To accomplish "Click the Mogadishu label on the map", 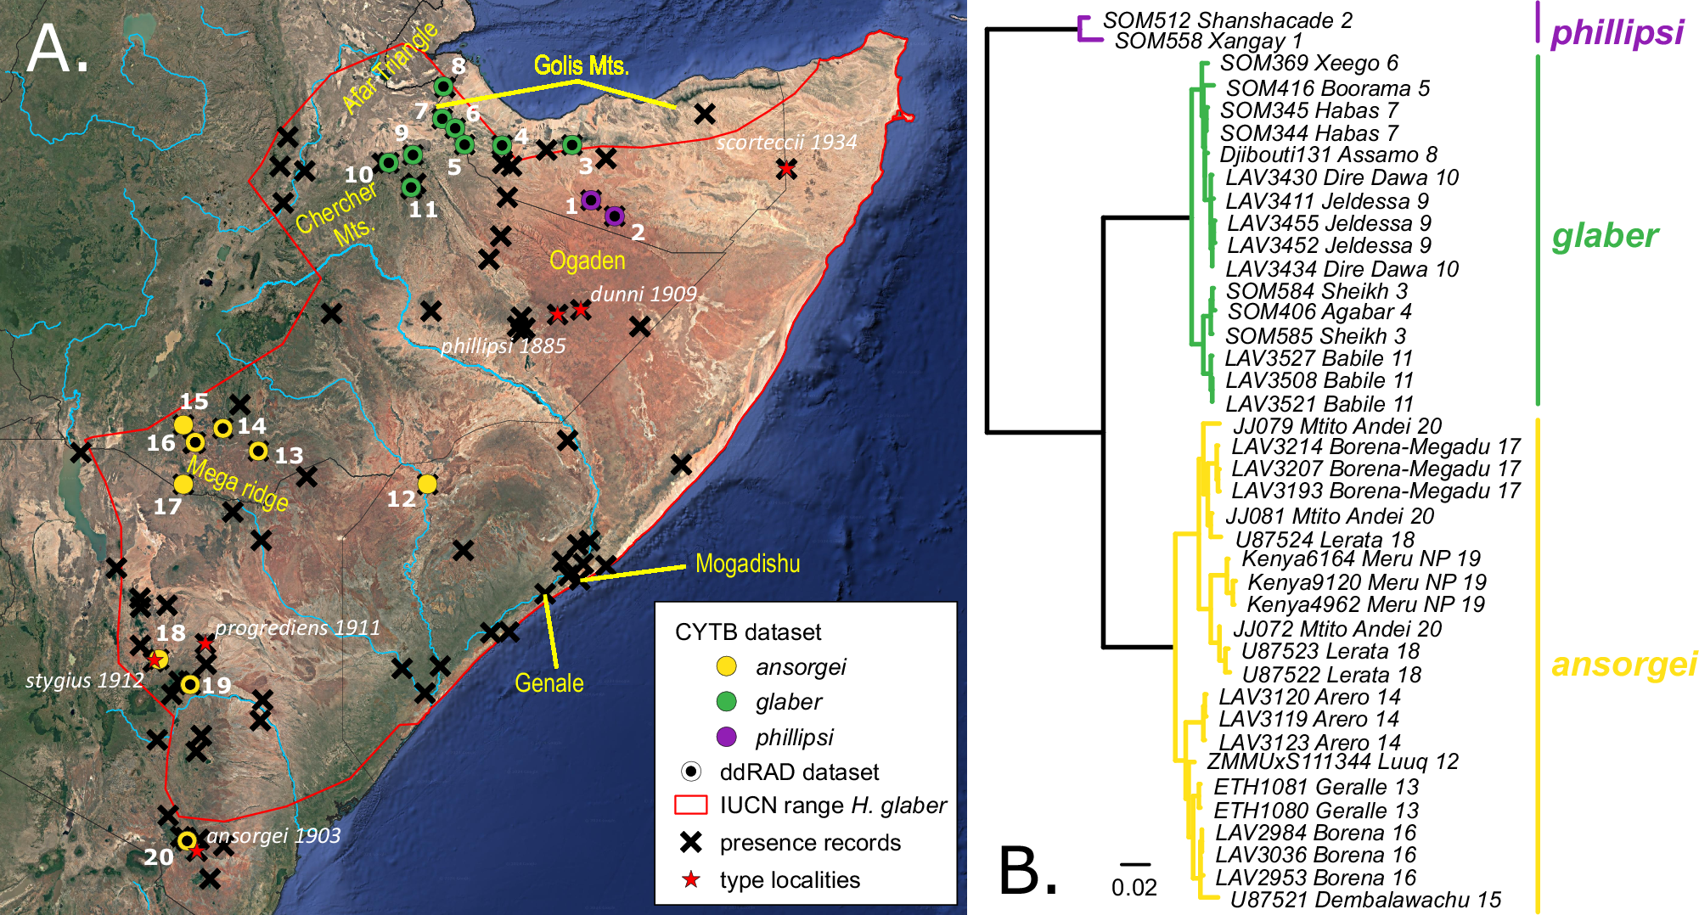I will click(x=747, y=564).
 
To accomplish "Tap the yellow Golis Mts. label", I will click(x=581, y=65).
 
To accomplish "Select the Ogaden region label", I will click(x=587, y=261).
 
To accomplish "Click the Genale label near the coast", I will click(x=549, y=683).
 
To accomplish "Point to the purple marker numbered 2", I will click(x=614, y=216).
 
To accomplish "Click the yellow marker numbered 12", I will click(x=427, y=484).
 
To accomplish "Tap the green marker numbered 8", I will click(x=443, y=87).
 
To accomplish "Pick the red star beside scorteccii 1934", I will click(x=786, y=169).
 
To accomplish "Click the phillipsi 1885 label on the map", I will click(x=503, y=345).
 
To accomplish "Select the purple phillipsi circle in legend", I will click(x=726, y=737).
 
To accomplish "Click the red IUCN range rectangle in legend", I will click(x=690, y=805).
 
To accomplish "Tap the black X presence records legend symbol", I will click(x=691, y=842).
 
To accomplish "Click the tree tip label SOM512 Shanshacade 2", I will click(x=1227, y=20).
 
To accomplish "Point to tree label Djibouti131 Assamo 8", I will click(x=1328, y=154).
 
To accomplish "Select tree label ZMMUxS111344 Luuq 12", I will click(x=1332, y=761).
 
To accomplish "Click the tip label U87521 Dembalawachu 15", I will click(x=1365, y=900).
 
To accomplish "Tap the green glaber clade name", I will click(x=1604, y=236).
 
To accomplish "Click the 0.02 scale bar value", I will click(x=1134, y=888).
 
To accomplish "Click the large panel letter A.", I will click(x=56, y=49).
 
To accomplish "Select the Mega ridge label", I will click(x=238, y=484).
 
